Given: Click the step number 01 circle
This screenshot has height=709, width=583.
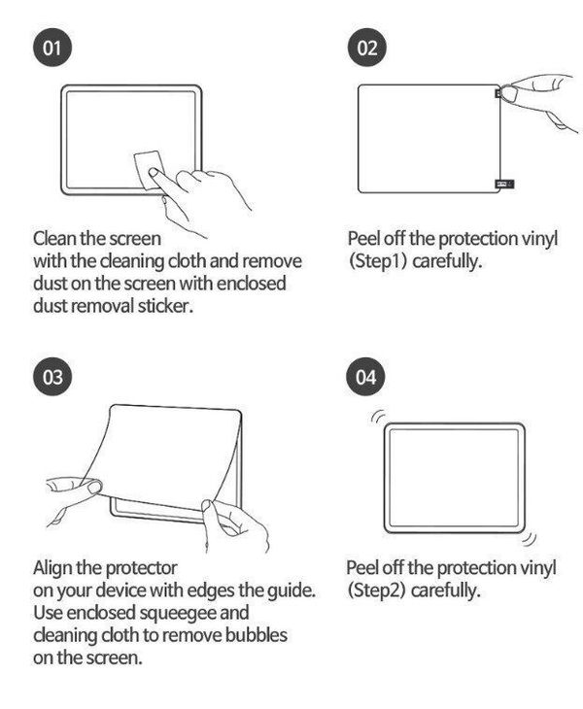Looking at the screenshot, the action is click(x=52, y=47).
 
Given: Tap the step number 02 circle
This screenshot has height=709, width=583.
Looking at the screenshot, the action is click(x=367, y=47).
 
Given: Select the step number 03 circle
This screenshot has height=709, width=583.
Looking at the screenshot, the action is click(x=52, y=377).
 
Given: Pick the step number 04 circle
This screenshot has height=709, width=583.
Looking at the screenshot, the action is click(x=365, y=377).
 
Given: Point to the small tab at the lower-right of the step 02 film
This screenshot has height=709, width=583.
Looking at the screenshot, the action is click(x=504, y=184).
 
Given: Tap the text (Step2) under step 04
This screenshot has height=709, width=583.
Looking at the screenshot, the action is click(x=376, y=591).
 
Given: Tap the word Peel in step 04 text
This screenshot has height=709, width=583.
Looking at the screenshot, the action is click(x=361, y=568).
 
